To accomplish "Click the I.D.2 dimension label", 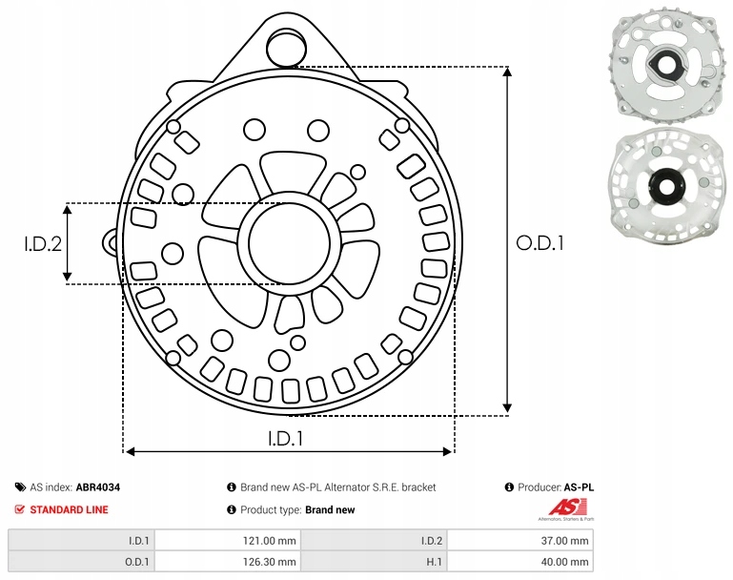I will (x=43, y=243).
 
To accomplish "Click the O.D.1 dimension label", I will (x=540, y=242).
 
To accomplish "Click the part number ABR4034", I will (x=97, y=487).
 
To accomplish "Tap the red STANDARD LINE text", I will (x=69, y=509).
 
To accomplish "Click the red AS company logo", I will (x=565, y=507).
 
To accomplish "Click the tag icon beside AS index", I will (x=20, y=487).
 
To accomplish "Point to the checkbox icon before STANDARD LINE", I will (x=20, y=509).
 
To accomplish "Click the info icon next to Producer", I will (x=510, y=487).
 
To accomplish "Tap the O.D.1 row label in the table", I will (x=139, y=563).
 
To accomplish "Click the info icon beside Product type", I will (x=232, y=509).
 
